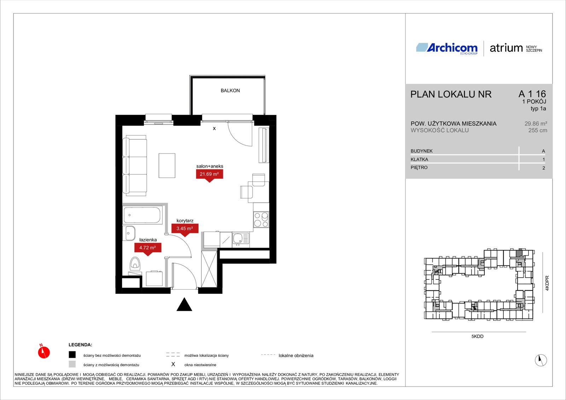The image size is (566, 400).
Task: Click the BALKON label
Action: click(230, 91)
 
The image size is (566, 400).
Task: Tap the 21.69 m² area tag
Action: click(209, 175)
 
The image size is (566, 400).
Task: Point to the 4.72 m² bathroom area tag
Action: click(148, 248)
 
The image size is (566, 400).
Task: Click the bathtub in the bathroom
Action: click(143, 215)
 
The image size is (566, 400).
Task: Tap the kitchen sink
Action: click(241, 239)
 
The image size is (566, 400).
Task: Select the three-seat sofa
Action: click(134, 166)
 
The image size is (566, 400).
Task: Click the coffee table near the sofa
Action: click(167, 166)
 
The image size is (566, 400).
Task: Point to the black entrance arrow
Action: click(184, 304)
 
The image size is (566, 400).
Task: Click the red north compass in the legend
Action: click(44, 352)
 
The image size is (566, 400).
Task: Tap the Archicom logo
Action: click(447, 48)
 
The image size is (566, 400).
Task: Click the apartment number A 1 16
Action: click(532, 94)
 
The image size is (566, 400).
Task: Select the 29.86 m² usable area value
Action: click(536, 123)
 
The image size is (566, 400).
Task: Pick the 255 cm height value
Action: click(538, 131)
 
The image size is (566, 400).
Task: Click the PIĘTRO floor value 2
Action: click(543, 168)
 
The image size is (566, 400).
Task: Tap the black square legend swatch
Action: click(72, 355)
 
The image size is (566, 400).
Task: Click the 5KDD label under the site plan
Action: click(477, 336)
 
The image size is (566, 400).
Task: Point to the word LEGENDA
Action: click(80, 345)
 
